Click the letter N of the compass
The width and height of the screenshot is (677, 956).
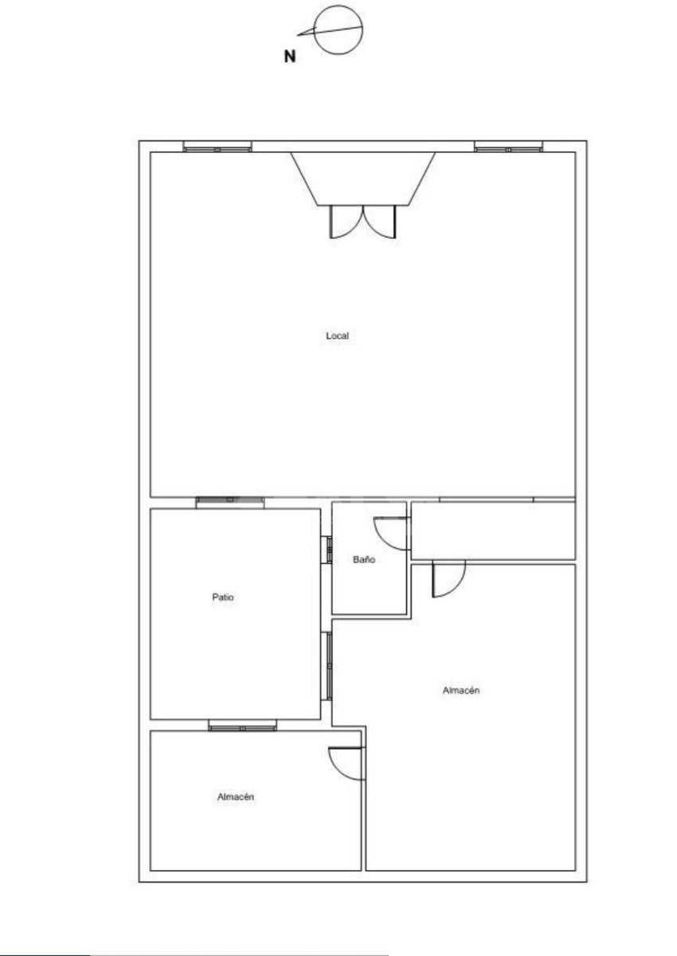(x=290, y=57)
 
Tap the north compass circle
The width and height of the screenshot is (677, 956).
(x=338, y=6)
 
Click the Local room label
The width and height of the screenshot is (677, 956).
(x=337, y=336)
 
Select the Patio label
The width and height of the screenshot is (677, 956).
(x=223, y=597)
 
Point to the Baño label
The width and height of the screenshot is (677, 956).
(x=364, y=559)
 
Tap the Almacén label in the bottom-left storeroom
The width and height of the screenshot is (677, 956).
(x=236, y=797)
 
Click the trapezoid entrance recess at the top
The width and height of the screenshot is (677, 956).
(x=363, y=178)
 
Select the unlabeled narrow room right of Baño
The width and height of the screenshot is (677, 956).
(x=493, y=531)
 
